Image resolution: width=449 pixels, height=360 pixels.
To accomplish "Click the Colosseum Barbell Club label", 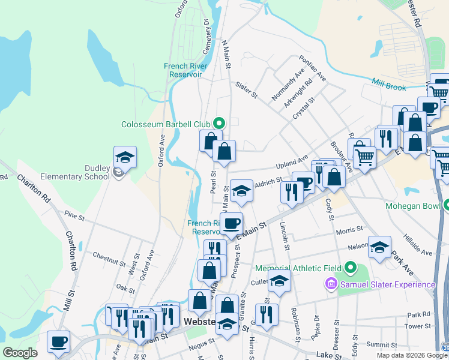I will click(166, 124).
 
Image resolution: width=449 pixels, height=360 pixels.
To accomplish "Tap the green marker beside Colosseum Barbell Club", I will click(219, 124).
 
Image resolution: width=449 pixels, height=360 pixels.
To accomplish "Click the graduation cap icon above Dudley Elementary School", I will click(125, 157).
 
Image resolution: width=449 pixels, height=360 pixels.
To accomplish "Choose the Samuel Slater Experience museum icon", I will click(330, 284).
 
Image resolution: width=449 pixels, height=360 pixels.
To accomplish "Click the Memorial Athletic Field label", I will click(298, 268).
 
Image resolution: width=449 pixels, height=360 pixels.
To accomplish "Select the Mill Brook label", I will click(388, 83).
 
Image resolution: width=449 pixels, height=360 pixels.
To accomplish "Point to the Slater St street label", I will click(246, 90).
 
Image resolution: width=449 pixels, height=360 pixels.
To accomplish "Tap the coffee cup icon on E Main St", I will click(232, 223).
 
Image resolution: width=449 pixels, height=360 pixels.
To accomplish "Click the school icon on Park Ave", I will click(379, 247).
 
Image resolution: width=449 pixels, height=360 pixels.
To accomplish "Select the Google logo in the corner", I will click(20, 353).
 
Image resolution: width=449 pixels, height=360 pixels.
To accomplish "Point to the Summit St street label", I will click(379, 344).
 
